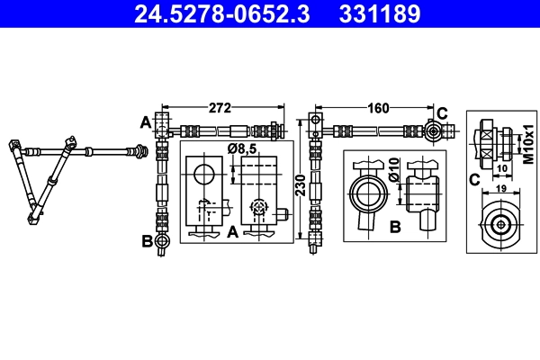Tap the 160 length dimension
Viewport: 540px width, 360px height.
[x=378, y=109]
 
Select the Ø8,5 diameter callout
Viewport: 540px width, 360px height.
[x=243, y=148]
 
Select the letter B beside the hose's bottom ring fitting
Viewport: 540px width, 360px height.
[x=145, y=240]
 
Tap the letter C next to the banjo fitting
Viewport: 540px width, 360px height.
[x=442, y=112]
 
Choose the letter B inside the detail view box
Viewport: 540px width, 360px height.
[x=394, y=227]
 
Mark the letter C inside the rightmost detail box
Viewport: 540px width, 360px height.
[x=474, y=179]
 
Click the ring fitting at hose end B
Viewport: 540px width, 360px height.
[x=161, y=240]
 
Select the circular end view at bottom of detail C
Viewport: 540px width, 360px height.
[x=499, y=224]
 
